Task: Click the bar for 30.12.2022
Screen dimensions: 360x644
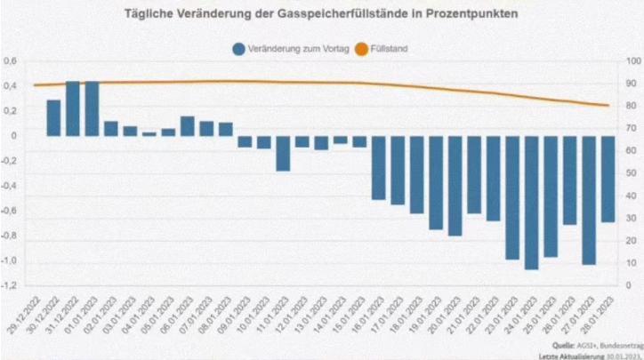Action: (53, 117)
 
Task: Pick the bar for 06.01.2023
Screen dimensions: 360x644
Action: (188, 126)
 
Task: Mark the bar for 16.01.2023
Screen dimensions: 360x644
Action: (379, 168)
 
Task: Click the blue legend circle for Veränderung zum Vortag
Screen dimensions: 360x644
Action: (238, 49)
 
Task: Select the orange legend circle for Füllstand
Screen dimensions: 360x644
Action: (362, 49)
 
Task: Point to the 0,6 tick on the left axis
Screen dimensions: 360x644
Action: (11, 61)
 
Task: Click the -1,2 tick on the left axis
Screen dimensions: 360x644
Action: (9, 286)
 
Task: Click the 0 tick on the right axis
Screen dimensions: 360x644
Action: (629, 285)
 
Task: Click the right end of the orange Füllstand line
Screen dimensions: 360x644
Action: (608, 106)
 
